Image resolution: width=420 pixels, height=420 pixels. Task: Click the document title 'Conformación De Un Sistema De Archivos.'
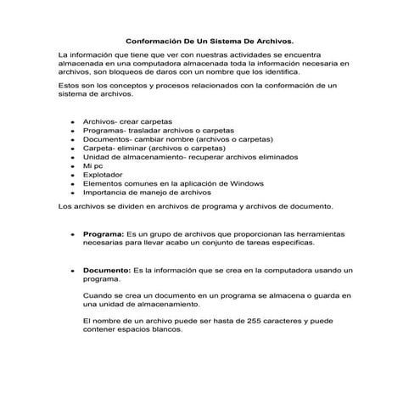pos(210,39)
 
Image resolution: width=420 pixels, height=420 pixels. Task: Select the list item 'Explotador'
pos(103,175)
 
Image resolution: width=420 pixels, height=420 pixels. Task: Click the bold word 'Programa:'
pos(104,232)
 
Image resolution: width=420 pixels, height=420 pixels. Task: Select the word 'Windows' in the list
pos(247,183)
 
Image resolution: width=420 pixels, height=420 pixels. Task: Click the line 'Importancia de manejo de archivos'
pos(146,193)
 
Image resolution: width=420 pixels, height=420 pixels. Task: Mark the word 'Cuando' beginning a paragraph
pos(97,294)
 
